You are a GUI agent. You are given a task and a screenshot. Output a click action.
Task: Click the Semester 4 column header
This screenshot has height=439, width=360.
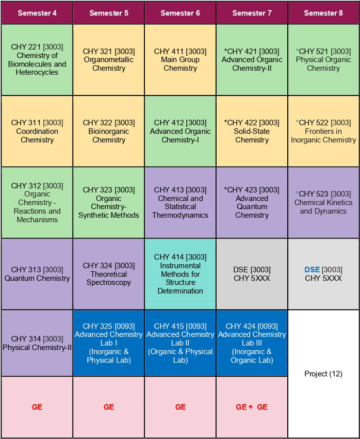37,13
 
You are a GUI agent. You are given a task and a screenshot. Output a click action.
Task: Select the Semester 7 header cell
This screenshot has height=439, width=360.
252,13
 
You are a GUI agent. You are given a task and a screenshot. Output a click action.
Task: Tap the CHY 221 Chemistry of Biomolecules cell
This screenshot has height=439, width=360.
37,59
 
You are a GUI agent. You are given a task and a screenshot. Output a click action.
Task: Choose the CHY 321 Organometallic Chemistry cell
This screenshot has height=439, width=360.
109,59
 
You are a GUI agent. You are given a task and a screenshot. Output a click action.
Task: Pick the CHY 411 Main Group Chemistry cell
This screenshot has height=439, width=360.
180,59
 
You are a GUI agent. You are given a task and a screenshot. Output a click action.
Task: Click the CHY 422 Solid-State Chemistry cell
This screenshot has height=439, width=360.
252,131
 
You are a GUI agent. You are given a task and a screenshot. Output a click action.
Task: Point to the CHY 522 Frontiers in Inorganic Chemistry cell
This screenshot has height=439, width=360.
323,131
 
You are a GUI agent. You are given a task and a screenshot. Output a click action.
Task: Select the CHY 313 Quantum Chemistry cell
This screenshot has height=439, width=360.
37,274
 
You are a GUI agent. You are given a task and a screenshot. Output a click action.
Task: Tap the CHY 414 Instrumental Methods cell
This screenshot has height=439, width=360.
180,274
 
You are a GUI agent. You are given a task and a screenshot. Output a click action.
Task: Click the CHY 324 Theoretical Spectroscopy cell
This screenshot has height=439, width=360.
109,274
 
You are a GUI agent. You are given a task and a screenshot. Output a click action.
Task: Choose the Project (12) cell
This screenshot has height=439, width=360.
323,374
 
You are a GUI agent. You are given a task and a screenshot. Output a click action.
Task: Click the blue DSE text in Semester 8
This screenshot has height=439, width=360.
312,269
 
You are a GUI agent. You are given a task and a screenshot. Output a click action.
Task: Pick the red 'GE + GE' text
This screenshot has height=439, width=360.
252,407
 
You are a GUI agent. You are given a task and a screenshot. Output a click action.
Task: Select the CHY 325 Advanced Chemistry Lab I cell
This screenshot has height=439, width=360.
109,343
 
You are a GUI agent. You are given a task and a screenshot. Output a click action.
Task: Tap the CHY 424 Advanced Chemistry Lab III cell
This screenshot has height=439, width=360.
252,343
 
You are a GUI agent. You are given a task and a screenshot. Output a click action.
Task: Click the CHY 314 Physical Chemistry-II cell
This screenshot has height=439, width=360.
37,343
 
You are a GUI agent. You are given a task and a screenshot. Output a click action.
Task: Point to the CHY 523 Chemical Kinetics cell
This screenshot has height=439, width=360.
323,202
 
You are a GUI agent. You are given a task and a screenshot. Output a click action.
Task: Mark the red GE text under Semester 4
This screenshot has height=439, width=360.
37,407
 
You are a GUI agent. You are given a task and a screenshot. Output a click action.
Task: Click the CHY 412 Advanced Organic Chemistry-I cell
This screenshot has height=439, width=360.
180,131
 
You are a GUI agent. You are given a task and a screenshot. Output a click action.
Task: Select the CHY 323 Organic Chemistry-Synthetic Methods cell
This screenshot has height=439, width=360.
109,202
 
